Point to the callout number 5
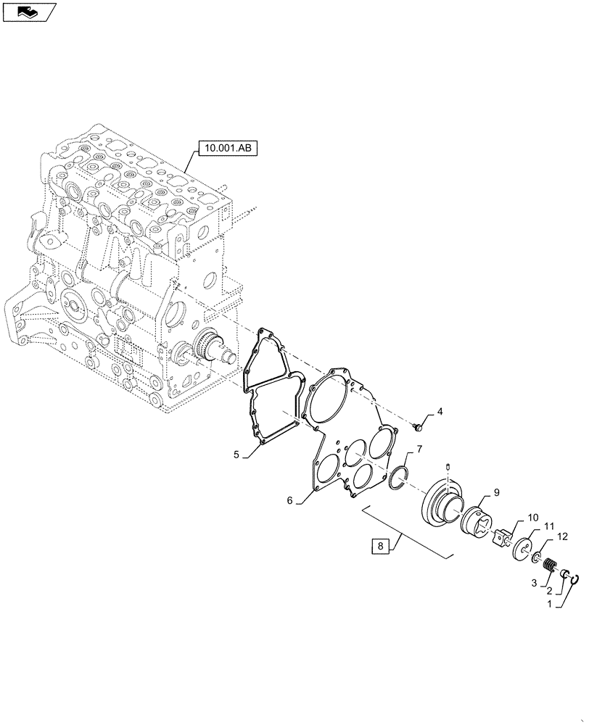(236, 455)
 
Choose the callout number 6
(289, 500)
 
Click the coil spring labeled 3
(549, 563)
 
